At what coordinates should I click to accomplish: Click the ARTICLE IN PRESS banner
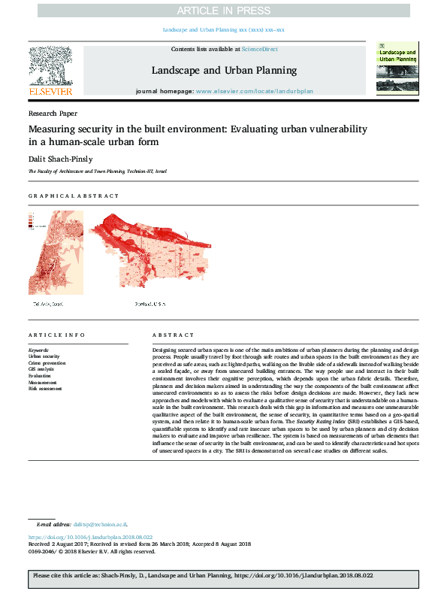point(223,10)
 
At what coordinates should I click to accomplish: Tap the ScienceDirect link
point(259,49)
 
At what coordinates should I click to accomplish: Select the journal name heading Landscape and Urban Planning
point(223,71)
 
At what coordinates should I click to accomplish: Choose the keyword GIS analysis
point(42,369)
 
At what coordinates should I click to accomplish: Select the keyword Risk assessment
point(45,389)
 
